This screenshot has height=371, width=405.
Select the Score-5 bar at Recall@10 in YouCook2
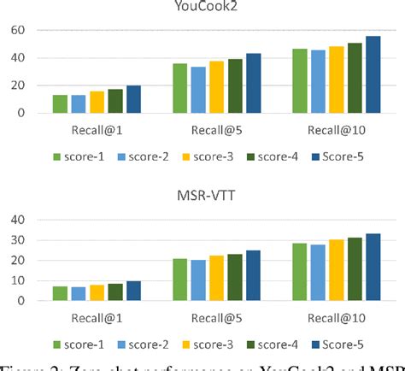373,74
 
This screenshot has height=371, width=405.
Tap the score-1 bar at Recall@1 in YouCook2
60,103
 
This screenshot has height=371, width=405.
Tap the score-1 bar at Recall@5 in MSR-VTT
179,280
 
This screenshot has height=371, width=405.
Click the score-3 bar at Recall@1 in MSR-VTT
97,292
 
